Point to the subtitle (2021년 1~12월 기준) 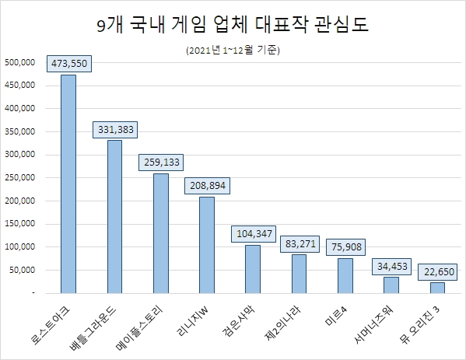[233, 51]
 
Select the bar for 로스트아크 [68, 183]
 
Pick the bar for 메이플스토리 [161, 233]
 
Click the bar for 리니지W [207, 245]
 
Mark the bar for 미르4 [345, 275]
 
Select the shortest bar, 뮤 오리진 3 [437, 288]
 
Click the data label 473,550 [68, 62]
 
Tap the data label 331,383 [115, 128]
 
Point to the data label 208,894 [207, 185]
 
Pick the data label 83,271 [300, 243]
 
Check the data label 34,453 [391, 265]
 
